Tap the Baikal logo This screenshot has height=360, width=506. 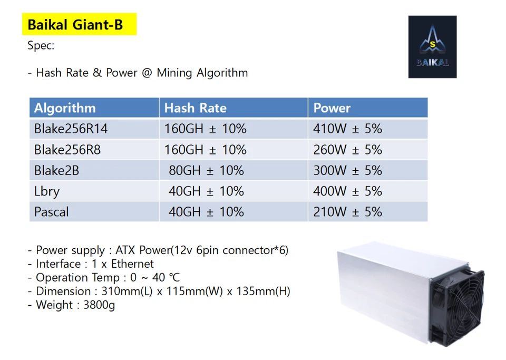click(x=432, y=47)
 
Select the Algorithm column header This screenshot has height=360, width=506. click(x=65, y=108)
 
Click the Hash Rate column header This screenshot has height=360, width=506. click(x=195, y=108)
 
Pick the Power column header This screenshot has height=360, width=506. click(x=332, y=108)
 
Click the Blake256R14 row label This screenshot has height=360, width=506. click(x=71, y=129)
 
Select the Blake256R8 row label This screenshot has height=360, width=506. click(x=67, y=150)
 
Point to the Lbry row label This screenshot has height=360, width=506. click(x=47, y=191)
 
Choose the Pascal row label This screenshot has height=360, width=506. click(x=51, y=212)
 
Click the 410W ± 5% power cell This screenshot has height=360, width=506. click(x=347, y=129)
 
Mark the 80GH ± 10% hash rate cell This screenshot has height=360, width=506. click(x=206, y=171)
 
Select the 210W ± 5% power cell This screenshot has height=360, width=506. click(x=347, y=212)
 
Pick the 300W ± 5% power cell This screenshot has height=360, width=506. click(x=347, y=171)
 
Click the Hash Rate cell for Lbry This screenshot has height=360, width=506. click(x=206, y=191)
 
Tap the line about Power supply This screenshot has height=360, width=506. click(x=158, y=250)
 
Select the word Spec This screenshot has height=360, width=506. click(x=41, y=45)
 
